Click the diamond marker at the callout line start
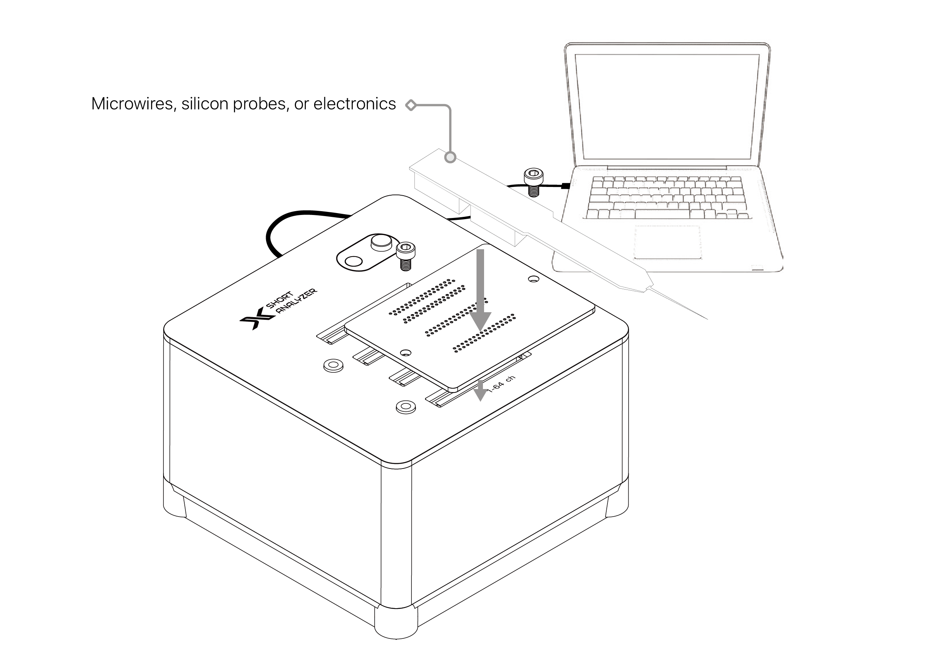point(411,105)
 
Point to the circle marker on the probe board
point(450,157)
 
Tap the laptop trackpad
point(667,242)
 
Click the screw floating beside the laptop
point(533,182)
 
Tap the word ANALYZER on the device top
point(297,302)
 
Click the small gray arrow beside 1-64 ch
point(480,390)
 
